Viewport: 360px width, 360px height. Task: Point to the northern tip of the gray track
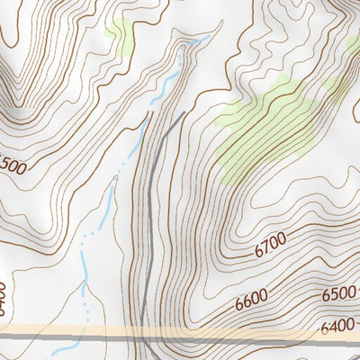184,112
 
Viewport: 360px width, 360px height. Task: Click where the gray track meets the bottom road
142,335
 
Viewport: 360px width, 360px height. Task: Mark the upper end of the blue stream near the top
209,37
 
